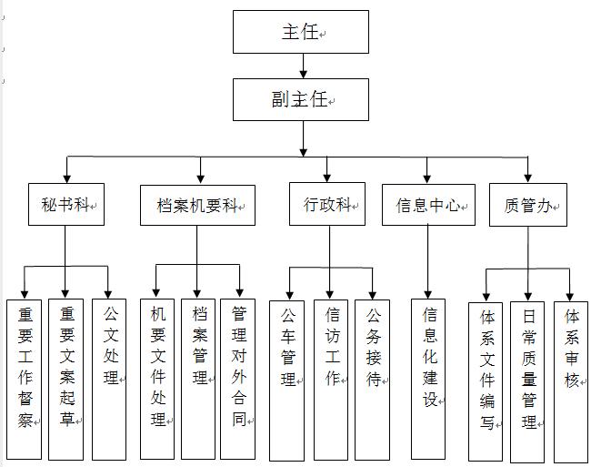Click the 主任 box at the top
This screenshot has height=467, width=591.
coord(301,32)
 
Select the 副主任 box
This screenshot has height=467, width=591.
coord(301,99)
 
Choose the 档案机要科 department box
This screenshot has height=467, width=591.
coord(197,205)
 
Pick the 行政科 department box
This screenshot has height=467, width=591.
coord(327,205)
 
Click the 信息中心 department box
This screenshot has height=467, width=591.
coord(428,205)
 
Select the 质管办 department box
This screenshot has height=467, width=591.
coord(527,205)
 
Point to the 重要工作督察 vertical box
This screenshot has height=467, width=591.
coord(25,378)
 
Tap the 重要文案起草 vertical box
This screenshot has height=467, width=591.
coord(67,378)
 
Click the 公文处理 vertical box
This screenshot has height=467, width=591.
coord(109,378)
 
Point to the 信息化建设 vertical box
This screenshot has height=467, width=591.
coord(429,378)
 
